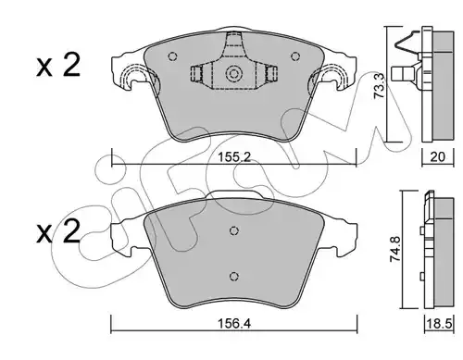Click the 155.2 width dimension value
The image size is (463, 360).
point(233,157)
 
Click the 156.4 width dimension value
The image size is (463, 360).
point(234,324)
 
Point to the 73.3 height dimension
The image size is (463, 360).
point(379,86)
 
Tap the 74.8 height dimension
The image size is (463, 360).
point(395,249)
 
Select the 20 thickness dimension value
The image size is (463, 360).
point(438,157)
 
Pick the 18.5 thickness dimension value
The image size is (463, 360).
point(439,324)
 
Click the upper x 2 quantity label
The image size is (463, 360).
point(58,65)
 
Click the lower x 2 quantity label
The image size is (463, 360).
point(58,231)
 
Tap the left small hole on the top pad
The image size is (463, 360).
point(173,56)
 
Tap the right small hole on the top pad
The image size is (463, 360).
point(295,56)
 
